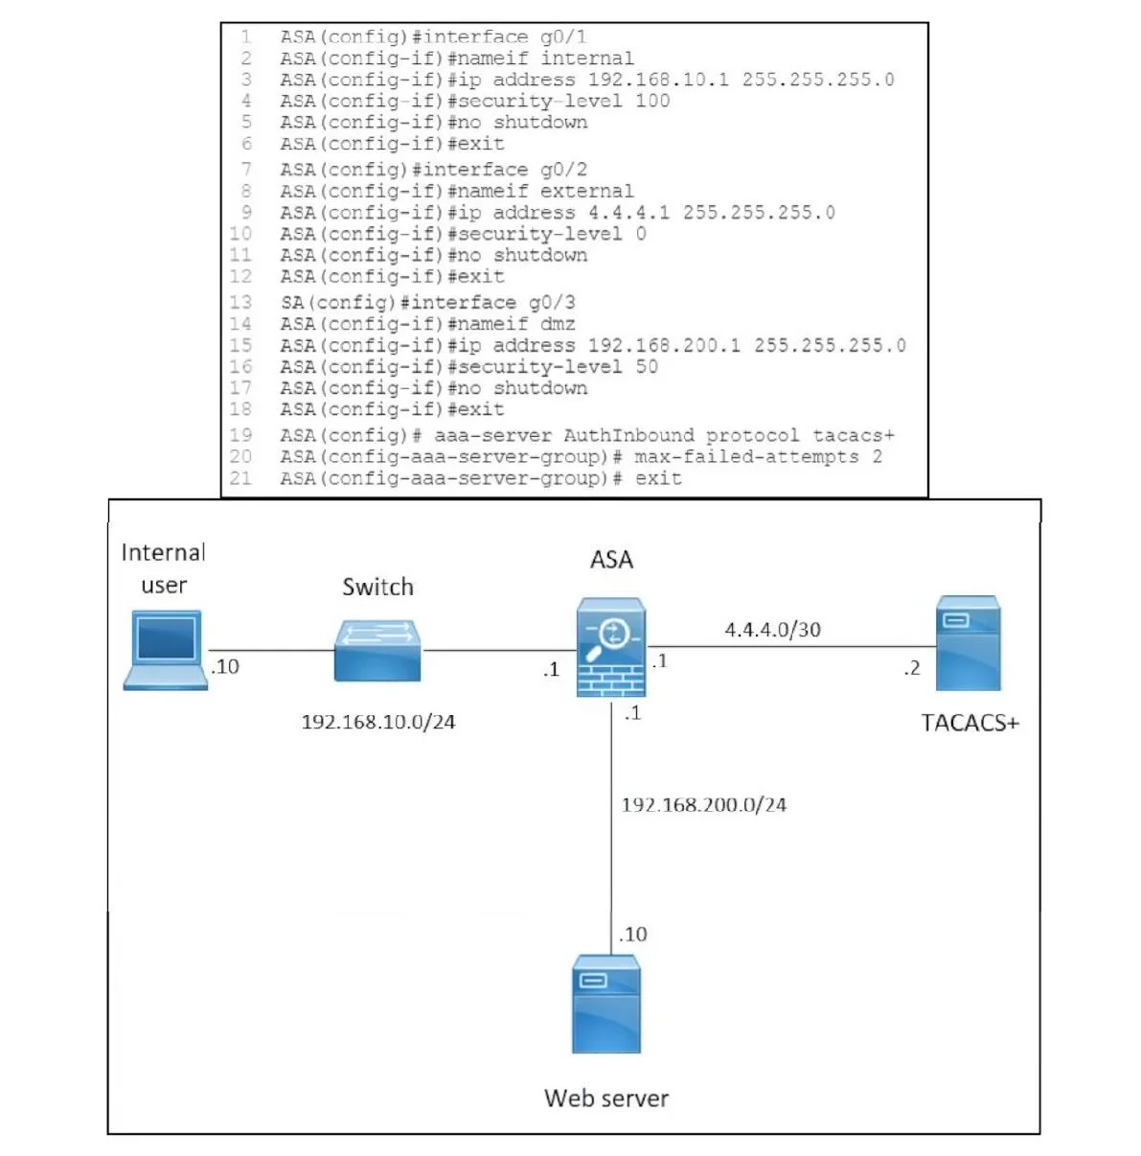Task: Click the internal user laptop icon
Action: pyautogui.click(x=166, y=650)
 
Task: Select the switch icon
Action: pyautogui.click(x=377, y=650)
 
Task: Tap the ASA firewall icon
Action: pyautogui.click(x=611, y=647)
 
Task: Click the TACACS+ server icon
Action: pyautogui.click(x=969, y=642)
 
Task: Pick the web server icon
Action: pyautogui.click(x=606, y=1004)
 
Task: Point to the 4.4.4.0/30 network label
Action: pyautogui.click(x=772, y=630)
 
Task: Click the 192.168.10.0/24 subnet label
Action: pyautogui.click(x=378, y=722)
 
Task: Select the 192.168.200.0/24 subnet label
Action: pyautogui.click(x=704, y=804)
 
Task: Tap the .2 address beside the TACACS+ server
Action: pyautogui.click(x=912, y=668)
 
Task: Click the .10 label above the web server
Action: pyautogui.click(x=632, y=934)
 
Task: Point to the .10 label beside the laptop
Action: pyautogui.click(x=225, y=666)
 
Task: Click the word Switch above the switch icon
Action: pyautogui.click(x=377, y=587)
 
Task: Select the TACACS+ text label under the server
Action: pyautogui.click(x=970, y=723)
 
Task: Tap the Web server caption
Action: pyautogui.click(x=606, y=1098)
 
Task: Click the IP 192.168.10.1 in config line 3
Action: pyautogui.click(x=658, y=80)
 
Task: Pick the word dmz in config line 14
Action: pyautogui.click(x=558, y=324)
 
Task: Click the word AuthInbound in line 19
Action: pyautogui.click(x=628, y=435)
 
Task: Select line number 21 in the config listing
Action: pyautogui.click(x=240, y=478)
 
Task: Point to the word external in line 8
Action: pyautogui.click(x=587, y=191)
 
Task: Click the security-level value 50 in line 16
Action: pyautogui.click(x=647, y=366)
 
